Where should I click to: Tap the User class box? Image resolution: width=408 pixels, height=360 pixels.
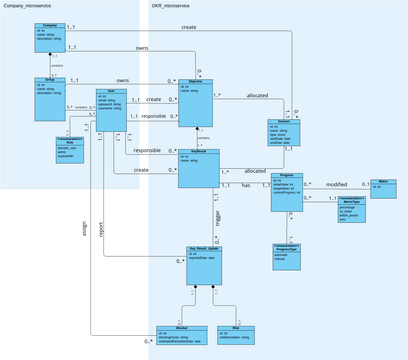click(x=112, y=105)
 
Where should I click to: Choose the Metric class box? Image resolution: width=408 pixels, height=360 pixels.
click(x=383, y=186)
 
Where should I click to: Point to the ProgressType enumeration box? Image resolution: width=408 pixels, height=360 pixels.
click(x=290, y=254)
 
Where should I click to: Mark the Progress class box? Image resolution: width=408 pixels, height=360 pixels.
click(x=288, y=190)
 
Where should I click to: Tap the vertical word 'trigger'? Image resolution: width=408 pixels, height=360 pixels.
click(x=219, y=219)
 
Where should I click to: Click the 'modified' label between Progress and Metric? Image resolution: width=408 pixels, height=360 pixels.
click(x=336, y=185)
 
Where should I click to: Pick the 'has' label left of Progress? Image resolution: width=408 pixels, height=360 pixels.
click(x=246, y=185)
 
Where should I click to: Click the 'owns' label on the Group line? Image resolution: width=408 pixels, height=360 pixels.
click(x=122, y=79)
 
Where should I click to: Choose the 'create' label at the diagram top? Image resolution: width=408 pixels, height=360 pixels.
click(x=188, y=26)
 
